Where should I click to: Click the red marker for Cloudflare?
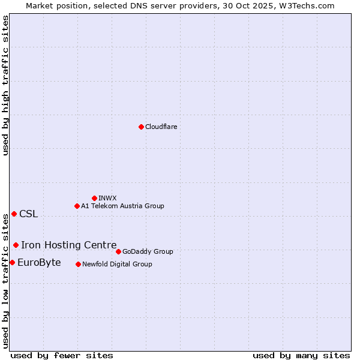(141, 127)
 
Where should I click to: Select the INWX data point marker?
(94, 198)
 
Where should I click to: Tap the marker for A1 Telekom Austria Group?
(77, 206)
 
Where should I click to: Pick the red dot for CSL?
(14, 214)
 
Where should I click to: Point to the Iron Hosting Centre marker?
(16, 245)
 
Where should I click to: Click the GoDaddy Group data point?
(118, 251)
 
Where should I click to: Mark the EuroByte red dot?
(12, 262)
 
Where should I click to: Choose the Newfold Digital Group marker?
(78, 264)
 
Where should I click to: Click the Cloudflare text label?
(161, 127)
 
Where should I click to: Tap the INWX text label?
(107, 198)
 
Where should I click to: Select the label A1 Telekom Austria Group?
(122, 206)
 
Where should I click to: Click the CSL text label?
(28, 214)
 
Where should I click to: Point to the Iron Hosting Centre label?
(68, 245)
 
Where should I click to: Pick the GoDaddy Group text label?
(148, 251)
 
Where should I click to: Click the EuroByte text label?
(39, 262)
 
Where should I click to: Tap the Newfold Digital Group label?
(117, 264)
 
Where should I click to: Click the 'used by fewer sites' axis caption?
(62, 355)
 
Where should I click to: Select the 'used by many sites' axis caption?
(301, 355)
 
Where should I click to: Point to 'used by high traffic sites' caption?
(5, 86)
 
